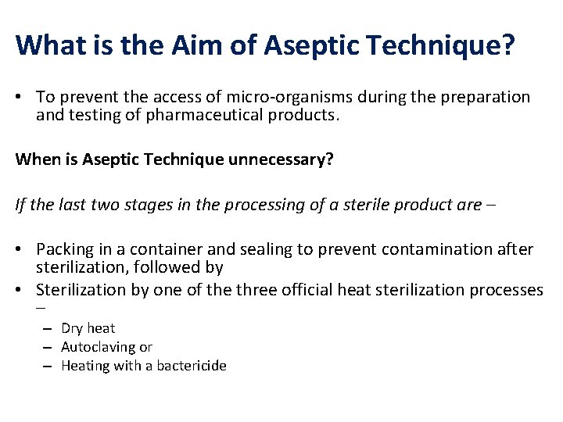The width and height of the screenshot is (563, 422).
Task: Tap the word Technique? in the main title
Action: pyautogui.click(x=437, y=45)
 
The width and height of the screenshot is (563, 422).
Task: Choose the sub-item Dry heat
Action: pyautogui.click(x=88, y=328)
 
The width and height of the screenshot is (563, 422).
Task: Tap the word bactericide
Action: pyautogui.click(x=188, y=366)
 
